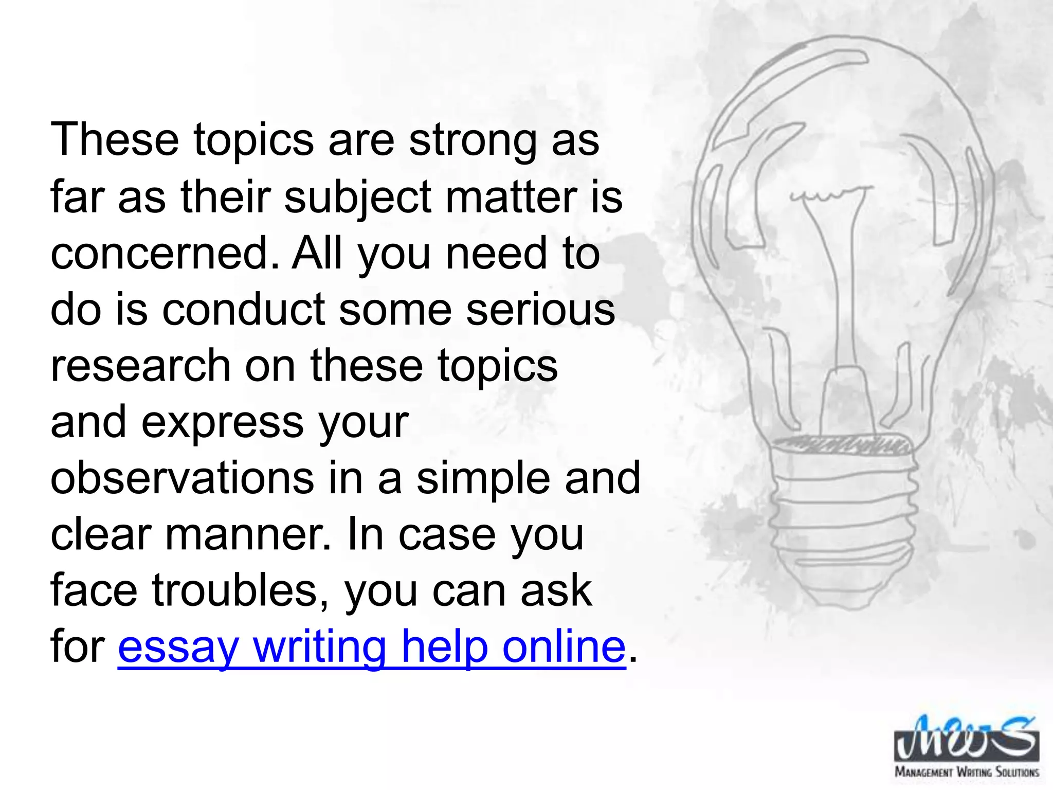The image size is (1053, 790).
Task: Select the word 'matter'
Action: tap(511, 197)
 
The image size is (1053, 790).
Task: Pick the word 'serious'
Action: tap(540, 310)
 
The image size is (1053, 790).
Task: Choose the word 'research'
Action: tap(140, 366)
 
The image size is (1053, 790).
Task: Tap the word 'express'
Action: tap(222, 422)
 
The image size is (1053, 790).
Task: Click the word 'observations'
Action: tap(183, 478)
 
